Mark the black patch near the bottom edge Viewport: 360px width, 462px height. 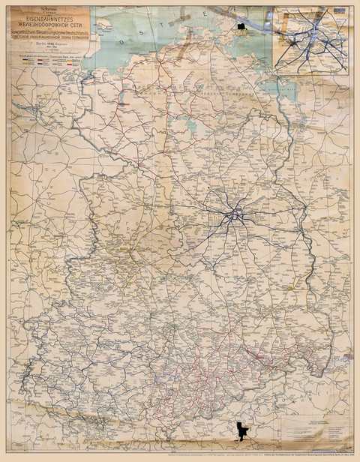(241, 431)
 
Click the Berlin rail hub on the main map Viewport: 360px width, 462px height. (236, 215)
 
